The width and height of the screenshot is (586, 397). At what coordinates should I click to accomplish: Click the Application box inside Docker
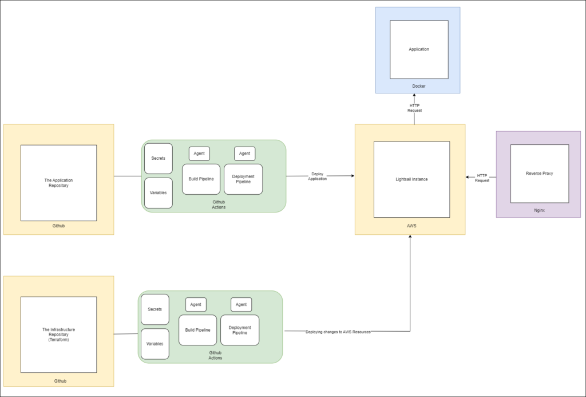(419, 49)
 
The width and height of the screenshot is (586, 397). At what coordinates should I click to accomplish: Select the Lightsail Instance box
(411, 179)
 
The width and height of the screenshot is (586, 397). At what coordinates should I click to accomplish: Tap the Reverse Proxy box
(540, 173)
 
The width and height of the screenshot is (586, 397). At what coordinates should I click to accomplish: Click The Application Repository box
(58, 183)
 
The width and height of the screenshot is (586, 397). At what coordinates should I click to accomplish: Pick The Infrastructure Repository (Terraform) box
(58, 335)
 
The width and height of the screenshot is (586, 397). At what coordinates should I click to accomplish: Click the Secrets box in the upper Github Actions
(159, 159)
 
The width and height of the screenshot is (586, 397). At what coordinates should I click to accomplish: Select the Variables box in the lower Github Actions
(155, 344)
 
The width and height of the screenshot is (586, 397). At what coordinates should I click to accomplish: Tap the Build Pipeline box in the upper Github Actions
(201, 179)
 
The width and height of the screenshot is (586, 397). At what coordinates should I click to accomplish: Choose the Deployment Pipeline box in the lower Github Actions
(240, 330)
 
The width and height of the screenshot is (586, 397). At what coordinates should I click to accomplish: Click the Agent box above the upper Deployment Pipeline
(244, 154)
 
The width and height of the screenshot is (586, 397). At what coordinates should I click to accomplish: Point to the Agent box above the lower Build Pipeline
(196, 305)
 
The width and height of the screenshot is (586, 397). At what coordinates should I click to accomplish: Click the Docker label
(419, 87)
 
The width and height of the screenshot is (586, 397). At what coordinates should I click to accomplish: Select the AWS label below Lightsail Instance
(411, 226)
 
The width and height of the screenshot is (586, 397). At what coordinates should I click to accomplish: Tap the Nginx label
(539, 210)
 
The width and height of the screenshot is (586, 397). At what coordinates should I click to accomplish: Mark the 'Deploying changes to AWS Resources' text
(338, 332)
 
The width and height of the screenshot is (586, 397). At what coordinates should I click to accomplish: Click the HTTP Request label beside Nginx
(482, 178)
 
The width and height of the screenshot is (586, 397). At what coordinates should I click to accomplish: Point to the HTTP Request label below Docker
(414, 108)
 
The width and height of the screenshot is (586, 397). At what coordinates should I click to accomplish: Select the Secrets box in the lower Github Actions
(155, 309)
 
